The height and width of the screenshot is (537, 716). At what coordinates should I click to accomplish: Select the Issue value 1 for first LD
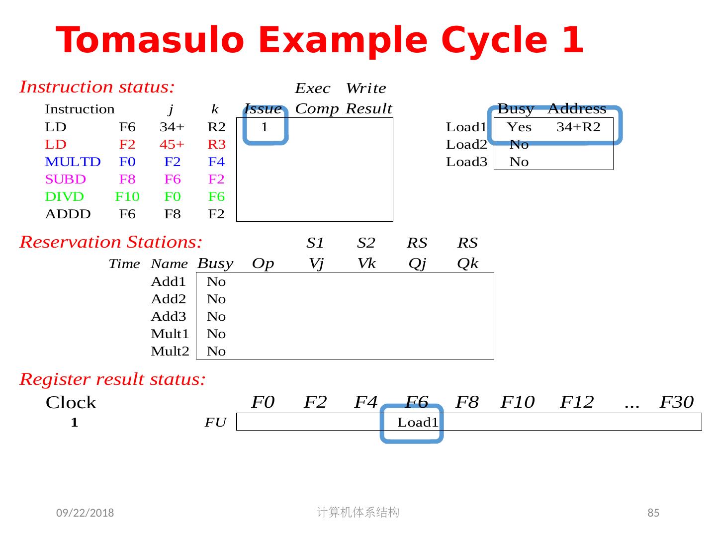point(265,127)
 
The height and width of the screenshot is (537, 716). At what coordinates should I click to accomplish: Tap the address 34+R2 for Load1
point(578,127)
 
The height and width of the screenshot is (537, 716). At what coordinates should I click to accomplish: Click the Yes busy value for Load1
point(519,127)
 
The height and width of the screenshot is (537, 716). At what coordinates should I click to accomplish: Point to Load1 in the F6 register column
point(418,423)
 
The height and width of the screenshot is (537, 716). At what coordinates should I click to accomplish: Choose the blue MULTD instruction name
point(73,162)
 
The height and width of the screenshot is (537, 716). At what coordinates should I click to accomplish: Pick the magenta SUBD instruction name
point(65,179)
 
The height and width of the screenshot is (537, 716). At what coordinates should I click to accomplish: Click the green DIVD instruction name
point(64,197)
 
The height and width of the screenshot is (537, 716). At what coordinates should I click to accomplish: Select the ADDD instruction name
point(68,214)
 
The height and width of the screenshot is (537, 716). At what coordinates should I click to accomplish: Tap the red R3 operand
point(216,145)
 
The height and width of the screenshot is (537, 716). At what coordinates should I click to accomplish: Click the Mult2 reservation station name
point(170,352)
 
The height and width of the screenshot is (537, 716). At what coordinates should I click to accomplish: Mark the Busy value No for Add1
point(216,282)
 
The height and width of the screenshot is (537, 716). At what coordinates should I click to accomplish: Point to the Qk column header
point(467,264)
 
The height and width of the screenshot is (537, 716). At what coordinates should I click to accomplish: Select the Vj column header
point(316,264)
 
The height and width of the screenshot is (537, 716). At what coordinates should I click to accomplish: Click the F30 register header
point(676,402)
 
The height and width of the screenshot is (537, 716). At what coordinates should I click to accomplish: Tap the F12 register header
point(577,402)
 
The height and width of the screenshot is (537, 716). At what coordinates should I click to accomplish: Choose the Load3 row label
point(466,162)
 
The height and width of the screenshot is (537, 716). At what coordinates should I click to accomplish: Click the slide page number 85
point(653,513)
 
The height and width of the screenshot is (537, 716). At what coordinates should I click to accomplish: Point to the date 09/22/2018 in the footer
point(85,513)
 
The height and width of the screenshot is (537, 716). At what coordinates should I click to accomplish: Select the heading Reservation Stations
point(111,242)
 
